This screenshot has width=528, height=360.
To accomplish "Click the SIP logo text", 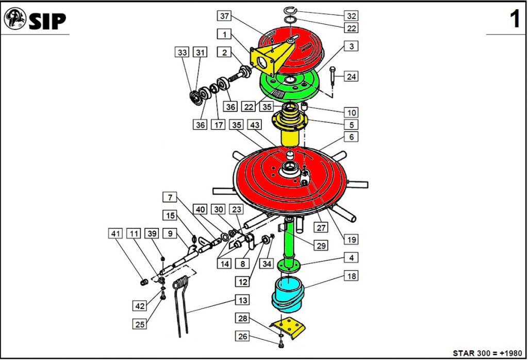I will coord(47,21).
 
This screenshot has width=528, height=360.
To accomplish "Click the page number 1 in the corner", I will coord(515,20).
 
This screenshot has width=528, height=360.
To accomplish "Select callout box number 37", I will coord(224,16).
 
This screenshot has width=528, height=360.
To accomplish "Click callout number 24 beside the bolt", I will coord(351,77).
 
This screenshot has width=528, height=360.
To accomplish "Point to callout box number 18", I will coord(351,276).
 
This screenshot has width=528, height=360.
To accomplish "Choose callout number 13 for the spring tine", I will coord(242,300).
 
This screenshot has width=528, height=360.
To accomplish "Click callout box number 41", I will coord(115,234).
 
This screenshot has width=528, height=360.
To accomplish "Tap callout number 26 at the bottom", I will coord(242,336).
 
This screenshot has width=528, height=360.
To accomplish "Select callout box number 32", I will coord(351,15).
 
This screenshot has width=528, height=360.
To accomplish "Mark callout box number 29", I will coord(321,246).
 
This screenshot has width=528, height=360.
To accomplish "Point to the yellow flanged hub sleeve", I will coord(290,129).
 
